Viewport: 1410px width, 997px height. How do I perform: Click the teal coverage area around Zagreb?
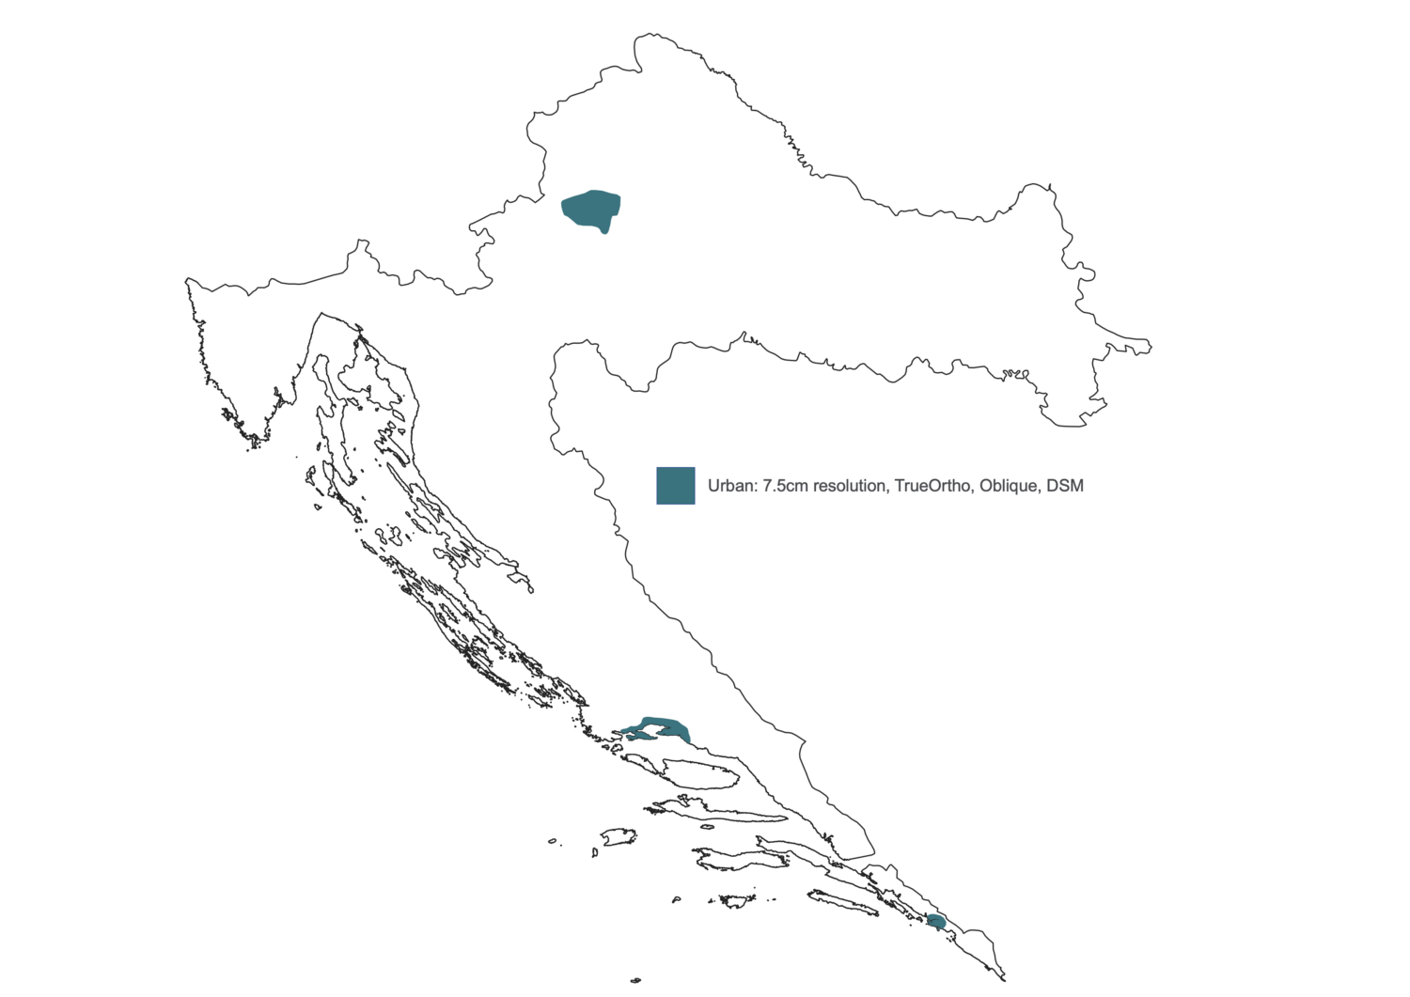point(589,209)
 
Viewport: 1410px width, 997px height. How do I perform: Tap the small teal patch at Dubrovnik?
point(936,921)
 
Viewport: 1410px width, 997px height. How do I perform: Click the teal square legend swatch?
point(675,486)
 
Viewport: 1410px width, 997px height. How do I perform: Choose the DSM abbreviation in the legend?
point(1065,486)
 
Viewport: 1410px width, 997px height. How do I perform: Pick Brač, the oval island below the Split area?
point(700,774)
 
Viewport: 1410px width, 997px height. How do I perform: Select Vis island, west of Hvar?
point(619,835)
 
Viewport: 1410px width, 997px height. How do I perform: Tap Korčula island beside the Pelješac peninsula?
point(728,859)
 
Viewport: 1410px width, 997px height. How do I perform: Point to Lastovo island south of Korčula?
point(739,901)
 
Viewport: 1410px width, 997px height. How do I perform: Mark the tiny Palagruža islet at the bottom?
point(636,980)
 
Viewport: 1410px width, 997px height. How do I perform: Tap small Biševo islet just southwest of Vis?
point(595,853)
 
